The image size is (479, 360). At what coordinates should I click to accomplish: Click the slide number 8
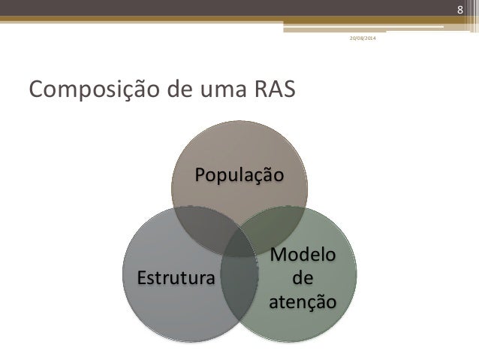point(462,8)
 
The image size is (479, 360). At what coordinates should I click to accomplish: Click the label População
point(239,176)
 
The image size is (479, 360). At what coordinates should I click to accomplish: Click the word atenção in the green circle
point(303,301)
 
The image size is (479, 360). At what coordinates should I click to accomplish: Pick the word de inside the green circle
point(303,279)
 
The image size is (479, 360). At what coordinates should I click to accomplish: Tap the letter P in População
point(200,176)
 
